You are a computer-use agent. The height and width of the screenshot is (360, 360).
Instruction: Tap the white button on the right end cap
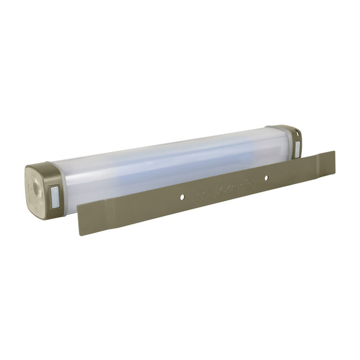pos(297,148)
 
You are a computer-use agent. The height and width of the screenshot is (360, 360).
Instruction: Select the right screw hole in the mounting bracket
pos(265,178)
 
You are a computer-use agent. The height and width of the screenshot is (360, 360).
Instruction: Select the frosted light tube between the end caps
pos(166,163)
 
